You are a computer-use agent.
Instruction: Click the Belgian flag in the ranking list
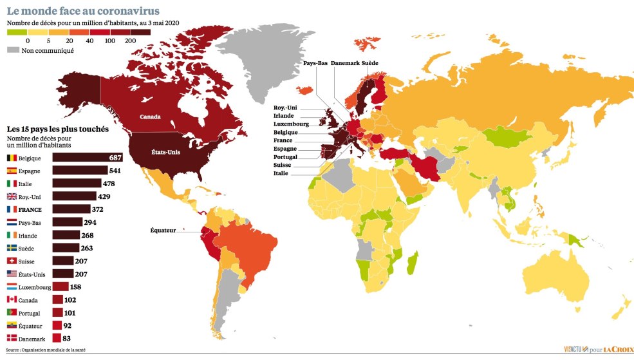12,158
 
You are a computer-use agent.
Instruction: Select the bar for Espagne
80,171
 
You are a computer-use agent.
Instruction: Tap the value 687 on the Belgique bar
115,158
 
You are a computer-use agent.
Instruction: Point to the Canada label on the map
150,117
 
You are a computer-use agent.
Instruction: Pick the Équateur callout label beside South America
163,230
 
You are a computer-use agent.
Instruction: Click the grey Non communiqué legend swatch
13,50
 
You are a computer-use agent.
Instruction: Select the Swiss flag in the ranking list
12,261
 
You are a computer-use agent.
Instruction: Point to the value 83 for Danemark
68,338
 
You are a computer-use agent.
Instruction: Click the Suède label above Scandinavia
370,63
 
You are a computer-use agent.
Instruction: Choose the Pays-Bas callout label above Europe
315,63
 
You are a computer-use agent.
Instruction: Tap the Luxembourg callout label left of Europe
291,124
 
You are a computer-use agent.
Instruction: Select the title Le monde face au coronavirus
83,11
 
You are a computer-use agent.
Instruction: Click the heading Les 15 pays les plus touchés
57,129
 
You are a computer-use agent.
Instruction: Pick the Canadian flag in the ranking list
12,299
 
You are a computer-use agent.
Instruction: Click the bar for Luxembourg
61,287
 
